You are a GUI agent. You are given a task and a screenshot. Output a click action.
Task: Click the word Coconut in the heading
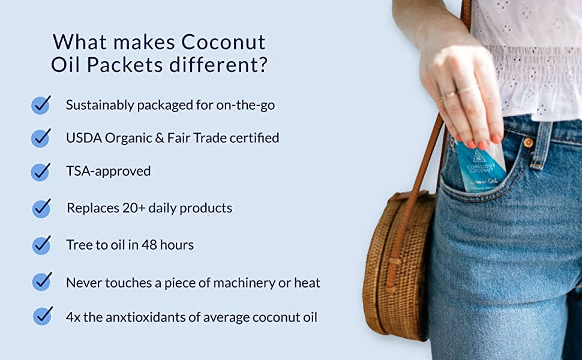[x=223, y=43]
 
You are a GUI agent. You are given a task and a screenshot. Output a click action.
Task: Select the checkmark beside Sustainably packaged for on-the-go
[x=41, y=105]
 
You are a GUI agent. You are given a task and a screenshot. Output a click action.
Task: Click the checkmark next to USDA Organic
[x=41, y=138]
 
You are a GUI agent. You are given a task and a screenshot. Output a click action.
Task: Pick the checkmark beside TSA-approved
[x=41, y=171]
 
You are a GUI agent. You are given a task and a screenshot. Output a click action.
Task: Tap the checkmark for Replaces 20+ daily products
[x=41, y=208]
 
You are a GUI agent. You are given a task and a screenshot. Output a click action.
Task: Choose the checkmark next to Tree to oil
[x=41, y=245]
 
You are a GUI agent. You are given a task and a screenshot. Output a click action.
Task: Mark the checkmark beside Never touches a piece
[x=41, y=281]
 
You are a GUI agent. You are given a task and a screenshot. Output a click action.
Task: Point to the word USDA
[x=83, y=138]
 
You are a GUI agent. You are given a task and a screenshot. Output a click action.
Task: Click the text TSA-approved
[x=108, y=171]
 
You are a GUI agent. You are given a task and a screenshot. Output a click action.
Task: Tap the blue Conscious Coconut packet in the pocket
[x=480, y=165]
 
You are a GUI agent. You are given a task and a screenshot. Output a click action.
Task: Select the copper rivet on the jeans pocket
[x=528, y=143]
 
